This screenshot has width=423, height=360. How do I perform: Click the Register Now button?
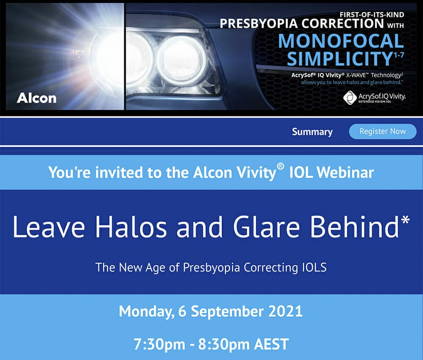pos(382,132)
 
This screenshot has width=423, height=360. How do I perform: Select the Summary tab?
pos(312,132)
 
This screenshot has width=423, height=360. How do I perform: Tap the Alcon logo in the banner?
pos(37,98)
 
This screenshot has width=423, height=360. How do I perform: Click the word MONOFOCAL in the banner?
pos(341,41)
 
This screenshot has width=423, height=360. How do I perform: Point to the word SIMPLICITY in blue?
pos(339,58)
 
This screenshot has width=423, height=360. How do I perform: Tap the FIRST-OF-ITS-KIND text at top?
pos(372,14)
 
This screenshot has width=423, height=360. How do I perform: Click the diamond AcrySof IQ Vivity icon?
pos(350,98)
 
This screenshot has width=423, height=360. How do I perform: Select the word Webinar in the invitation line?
pos(345,173)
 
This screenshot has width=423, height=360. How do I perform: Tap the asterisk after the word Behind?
pos(405,220)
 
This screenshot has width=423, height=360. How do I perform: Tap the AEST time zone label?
pos(272,344)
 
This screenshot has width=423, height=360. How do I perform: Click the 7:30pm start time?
pos(159,345)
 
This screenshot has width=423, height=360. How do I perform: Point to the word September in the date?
pos(227,312)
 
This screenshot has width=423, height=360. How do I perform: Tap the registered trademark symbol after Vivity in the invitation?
pos(280,167)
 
